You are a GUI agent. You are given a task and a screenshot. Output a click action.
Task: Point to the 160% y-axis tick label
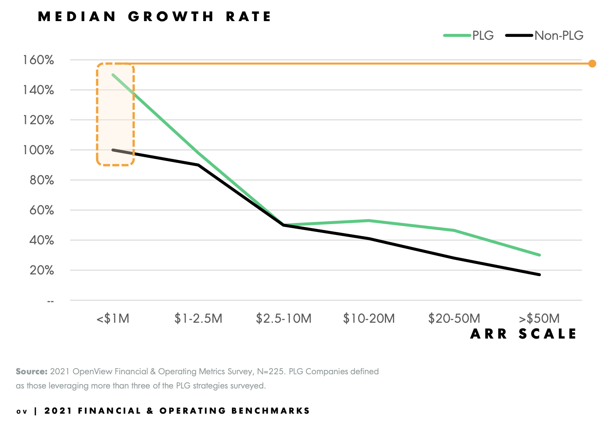[39, 60]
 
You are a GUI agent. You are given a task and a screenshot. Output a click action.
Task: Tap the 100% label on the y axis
[39, 150]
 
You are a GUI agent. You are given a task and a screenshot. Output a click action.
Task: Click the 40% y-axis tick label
[41, 240]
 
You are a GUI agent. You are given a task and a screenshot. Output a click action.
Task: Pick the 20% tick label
[41, 270]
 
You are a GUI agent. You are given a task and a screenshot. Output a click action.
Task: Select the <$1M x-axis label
[113, 319]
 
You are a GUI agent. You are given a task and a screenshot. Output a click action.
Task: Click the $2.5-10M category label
[283, 319]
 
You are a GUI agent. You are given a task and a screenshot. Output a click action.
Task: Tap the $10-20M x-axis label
[369, 319]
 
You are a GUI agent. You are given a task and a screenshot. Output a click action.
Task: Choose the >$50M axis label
[539, 319]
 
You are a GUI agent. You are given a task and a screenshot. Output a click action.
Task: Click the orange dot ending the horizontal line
[592, 63]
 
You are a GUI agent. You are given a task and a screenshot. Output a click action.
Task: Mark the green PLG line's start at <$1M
[113, 75]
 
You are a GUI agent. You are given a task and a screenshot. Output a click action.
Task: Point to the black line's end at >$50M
[540, 275]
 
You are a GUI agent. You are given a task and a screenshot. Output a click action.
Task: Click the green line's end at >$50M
[540, 255]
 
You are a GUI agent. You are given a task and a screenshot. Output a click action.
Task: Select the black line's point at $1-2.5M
[198, 165]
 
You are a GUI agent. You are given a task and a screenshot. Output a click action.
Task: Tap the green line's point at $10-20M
[369, 220]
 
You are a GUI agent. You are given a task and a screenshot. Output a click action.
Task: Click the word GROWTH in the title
[171, 17]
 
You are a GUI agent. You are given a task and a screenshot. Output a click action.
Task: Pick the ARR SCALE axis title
[523, 334]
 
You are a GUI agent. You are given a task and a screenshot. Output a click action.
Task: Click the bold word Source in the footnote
[31, 371]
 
